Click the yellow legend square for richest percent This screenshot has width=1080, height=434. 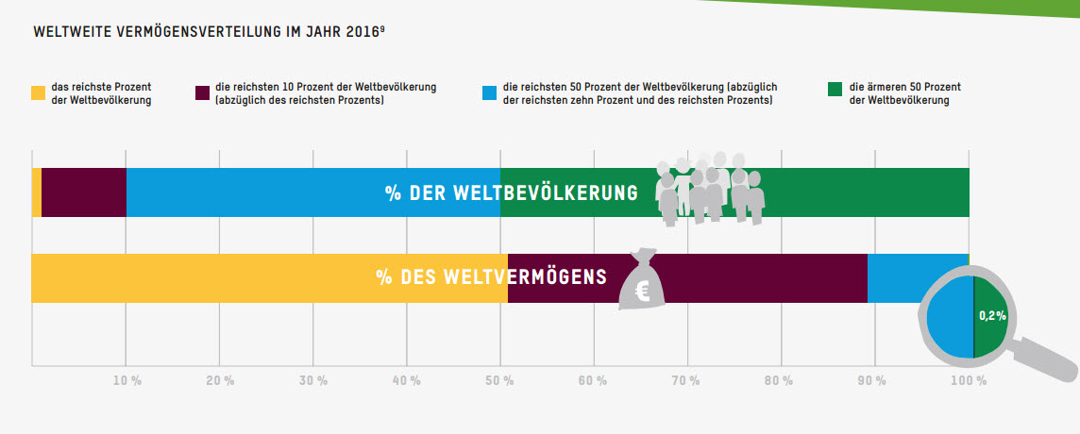pos(38,93)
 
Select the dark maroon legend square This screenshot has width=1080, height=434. pos(202,93)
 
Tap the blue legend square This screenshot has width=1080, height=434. pos(489,93)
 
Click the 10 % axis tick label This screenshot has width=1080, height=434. pos(127,380)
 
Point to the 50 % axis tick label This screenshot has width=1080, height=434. pos(500,380)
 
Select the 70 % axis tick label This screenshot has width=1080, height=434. pos(687,380)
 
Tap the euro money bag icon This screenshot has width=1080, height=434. pos(642,282)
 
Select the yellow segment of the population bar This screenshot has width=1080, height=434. pos(37,192)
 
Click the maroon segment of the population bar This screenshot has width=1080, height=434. pos(84,192)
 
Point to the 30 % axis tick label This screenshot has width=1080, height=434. pos(313,380)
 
